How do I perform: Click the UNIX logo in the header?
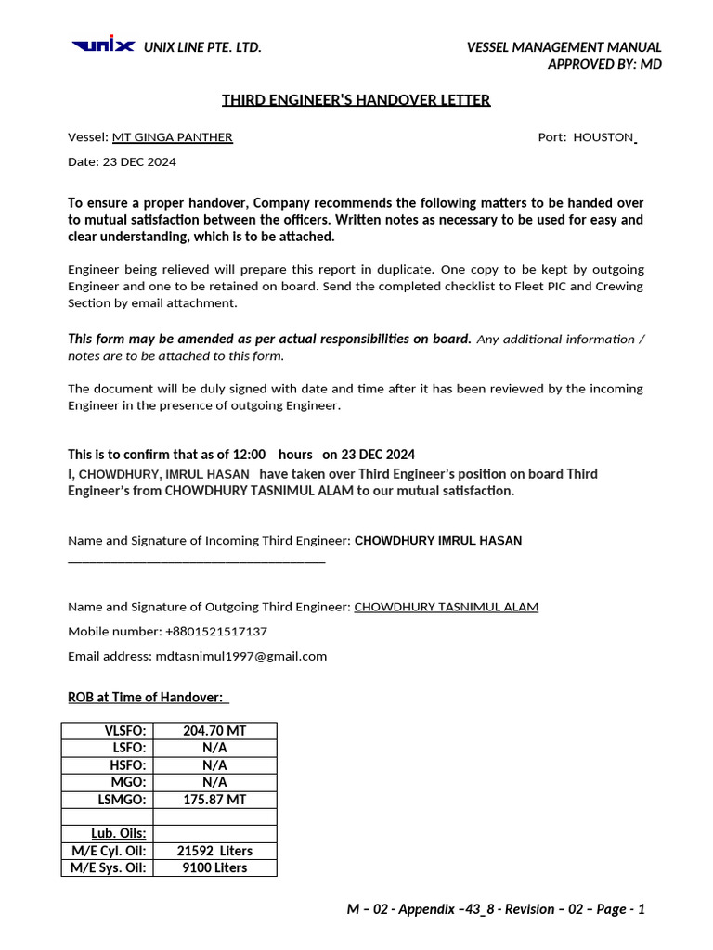pos(103,46)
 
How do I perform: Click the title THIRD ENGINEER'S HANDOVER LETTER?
pos(356,100)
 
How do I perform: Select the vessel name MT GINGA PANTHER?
pos(173,137)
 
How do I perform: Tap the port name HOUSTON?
pos(603,137)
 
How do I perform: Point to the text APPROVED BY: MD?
pos(604,64)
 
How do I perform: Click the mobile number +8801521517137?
pos(216,632)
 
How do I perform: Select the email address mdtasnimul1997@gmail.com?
pos(241,656)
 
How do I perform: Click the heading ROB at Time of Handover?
pos(146,697)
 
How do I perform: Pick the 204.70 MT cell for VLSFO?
pos(214,731)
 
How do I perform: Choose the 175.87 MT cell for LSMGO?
pos(214,799)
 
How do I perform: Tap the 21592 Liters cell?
pos(214,851)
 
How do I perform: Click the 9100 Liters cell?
pos(214,867)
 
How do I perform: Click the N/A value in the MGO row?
pos(214,782)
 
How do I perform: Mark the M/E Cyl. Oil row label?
pos(109,851)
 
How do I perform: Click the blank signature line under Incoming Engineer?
pos(197,560)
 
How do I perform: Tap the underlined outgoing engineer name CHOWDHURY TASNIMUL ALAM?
pos(447,607)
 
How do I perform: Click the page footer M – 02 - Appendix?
pos(496,909)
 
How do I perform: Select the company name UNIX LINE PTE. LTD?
pos(202,47)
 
